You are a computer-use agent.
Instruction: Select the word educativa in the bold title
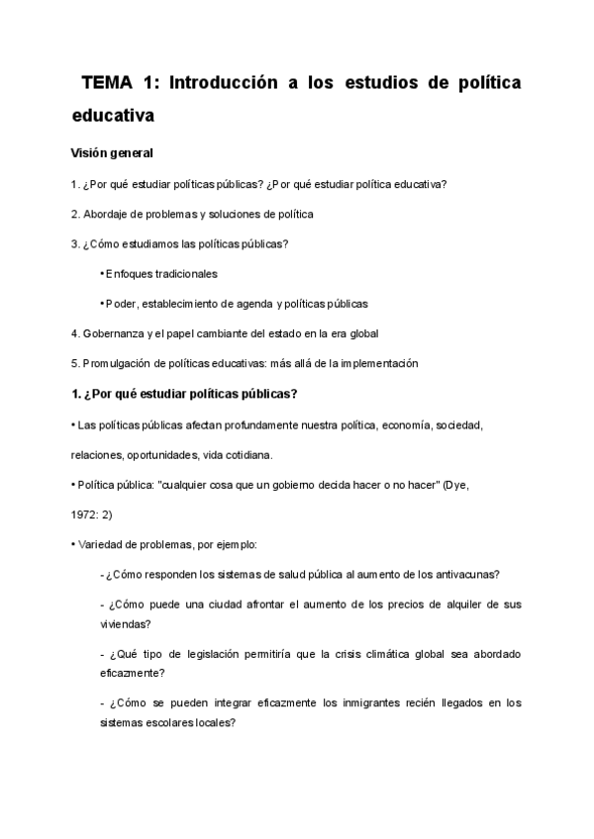click(114, 115)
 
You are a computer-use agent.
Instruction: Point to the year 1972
click(84, 514)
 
